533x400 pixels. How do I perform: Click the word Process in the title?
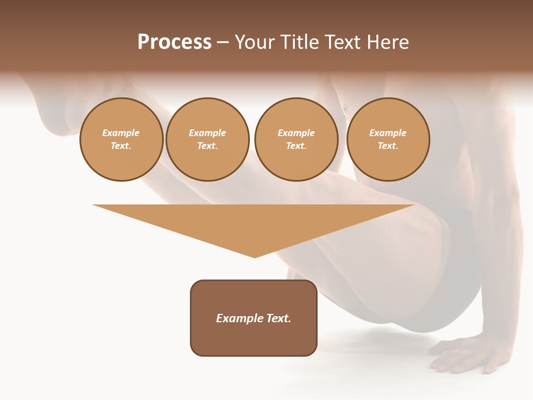tap(174, 42)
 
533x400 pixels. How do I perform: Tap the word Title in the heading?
tap(299, 42)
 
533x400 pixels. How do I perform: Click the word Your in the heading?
tap(257, 42)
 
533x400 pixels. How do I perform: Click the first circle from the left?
tap(121, 139)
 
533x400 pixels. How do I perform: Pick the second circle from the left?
tap(208, 139)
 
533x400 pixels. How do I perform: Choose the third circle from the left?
tap(296, 139)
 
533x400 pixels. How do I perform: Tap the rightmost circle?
tap(388, 139)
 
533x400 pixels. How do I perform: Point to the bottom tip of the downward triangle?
tap(254, 257)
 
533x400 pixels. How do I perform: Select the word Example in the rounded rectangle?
tap(240, 318)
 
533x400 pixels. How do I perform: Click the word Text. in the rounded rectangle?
tap(279, 318)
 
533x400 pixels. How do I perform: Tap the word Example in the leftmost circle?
tap(121, 133)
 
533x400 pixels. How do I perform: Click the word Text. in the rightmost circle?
tap(388, 146)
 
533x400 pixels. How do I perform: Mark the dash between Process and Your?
tap(223, 42)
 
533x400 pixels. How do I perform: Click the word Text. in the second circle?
tap(208, 146)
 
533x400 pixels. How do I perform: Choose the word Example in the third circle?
tap(296, 133)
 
